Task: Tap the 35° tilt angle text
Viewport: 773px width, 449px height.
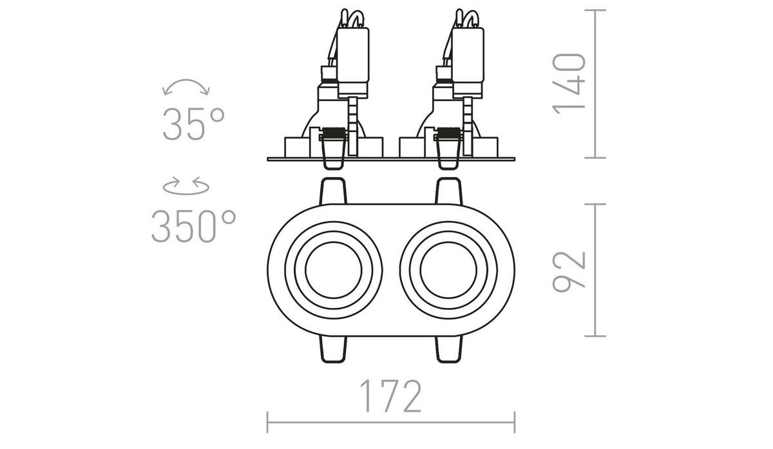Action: tap(193, 124)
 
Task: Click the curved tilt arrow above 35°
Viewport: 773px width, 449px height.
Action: tap(187, 87)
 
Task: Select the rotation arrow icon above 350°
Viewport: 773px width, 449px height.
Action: tap(187, 186)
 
